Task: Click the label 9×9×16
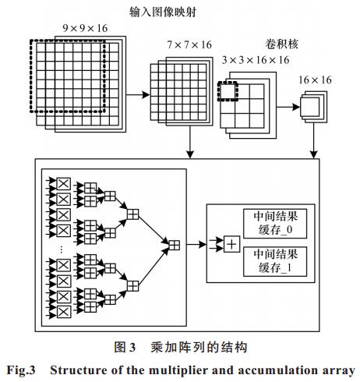click(85, 28)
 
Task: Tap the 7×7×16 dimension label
click(189, 44)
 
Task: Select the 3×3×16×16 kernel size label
click(256, 60)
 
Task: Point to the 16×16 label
click(315, 80)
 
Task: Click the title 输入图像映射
click(163, 12)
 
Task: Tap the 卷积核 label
click(281, 44)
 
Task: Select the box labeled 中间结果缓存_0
click(275, 224)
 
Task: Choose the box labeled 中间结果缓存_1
click(275, 261)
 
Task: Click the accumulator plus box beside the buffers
click(231, 244)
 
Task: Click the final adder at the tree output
click(174, 245)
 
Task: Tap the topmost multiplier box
click(64, 184)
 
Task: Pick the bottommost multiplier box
click(64, 312)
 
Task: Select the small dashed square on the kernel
click(228, 91)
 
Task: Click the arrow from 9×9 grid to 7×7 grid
click(138, 94)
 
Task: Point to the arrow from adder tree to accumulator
click(196, 244)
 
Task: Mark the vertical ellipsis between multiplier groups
click(62, 249)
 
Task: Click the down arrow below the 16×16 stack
click(314, 140)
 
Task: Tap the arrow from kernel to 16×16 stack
click(288, 107)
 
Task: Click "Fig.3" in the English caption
click(21, 370)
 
